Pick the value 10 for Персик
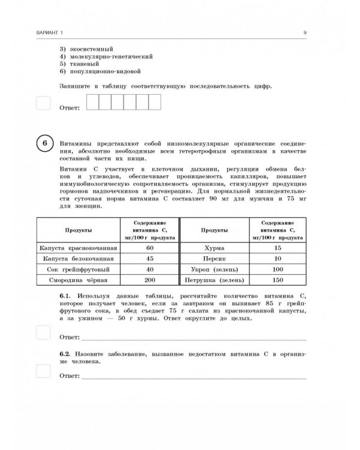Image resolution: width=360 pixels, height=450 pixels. tap(277, 258)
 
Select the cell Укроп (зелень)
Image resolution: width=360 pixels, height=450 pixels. tap(214, 269)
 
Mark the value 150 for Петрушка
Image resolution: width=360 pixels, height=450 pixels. tap(277, 280)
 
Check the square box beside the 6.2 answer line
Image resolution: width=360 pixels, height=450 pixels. tap(43, 371)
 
